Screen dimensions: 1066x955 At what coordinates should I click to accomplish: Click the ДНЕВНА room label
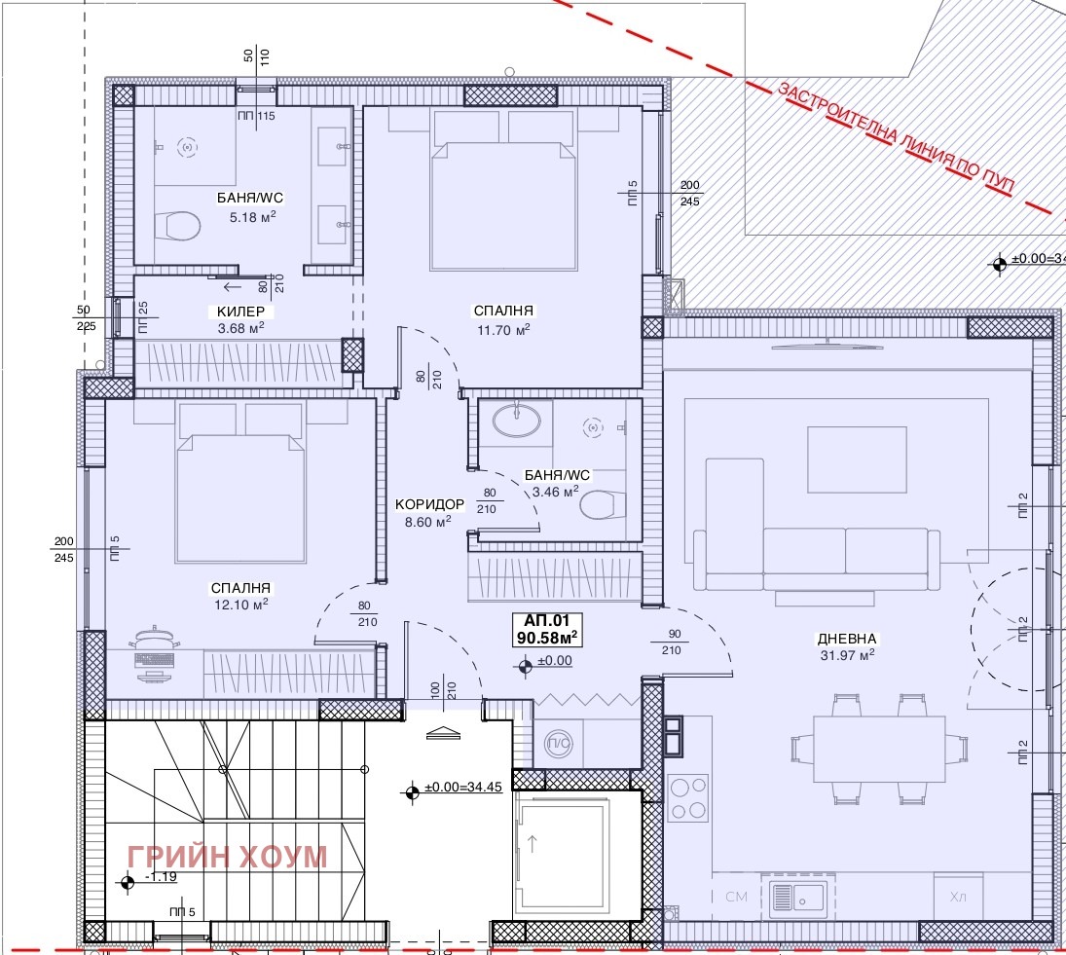tap(846, 639)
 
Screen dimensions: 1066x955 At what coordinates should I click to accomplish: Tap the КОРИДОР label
tap(429, 504)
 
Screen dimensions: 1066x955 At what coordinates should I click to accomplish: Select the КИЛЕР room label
tap(240, 312)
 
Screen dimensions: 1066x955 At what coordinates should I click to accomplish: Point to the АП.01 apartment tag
tap(546, 620)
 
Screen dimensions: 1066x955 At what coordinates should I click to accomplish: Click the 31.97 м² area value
tap(847, 655)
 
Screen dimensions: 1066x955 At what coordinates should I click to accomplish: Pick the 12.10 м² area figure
tap(240, 604)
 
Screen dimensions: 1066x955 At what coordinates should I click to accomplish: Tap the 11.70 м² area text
tap(503, 330)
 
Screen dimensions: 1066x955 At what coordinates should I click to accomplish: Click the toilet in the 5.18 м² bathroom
tap(177, 226)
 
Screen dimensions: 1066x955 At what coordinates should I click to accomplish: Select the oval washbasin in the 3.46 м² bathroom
tap(517, 421)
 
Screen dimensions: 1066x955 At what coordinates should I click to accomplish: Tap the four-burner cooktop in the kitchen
tap(688, 798)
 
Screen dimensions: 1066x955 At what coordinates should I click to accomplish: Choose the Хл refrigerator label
tap(957, 898)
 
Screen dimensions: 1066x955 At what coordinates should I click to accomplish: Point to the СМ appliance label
tap(736, 898)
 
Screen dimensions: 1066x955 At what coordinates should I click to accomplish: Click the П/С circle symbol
tap(560, 745)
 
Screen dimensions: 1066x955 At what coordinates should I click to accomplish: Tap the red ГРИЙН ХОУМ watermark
tap(227, 857)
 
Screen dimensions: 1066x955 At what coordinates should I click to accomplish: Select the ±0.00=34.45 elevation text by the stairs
tap(463, 788)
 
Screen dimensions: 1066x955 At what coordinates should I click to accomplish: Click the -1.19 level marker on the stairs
tap(161, 877)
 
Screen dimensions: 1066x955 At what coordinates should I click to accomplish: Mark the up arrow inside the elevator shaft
tap(533, 843)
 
